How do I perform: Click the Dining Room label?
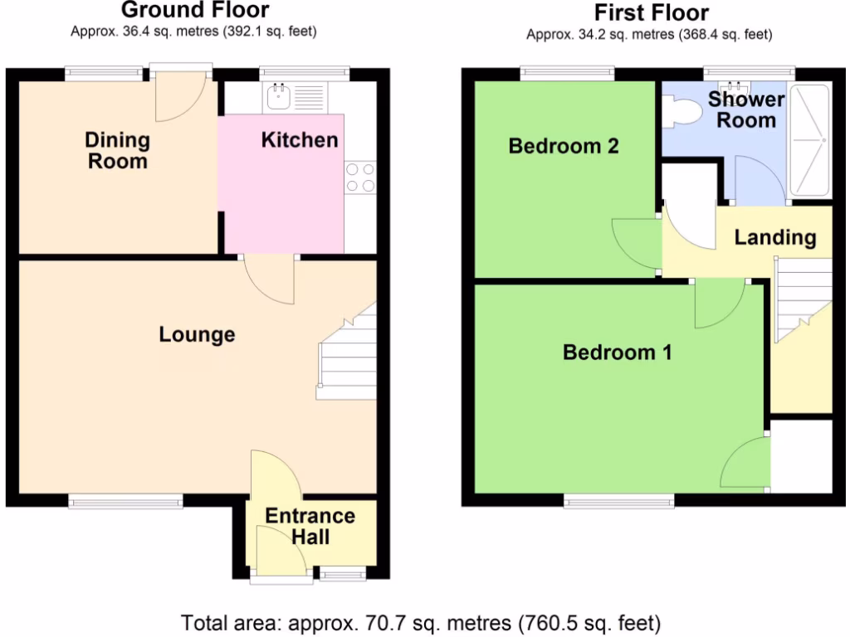point(118,150)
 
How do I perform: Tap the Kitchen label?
point(300,140)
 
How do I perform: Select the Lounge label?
point(198,335)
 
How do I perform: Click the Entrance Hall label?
point(310,526)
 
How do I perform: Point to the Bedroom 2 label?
point(564,147)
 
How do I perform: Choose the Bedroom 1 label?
point(618,353)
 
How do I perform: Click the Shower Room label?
point(746,109)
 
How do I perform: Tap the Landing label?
point(775,238)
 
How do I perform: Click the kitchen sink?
point(277,98)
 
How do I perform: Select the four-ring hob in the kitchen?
point(359,177)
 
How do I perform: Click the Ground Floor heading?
point(195,11)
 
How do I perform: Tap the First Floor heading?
point(652,12)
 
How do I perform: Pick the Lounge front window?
point(125,500)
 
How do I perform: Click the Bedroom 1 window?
point(619,500)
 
